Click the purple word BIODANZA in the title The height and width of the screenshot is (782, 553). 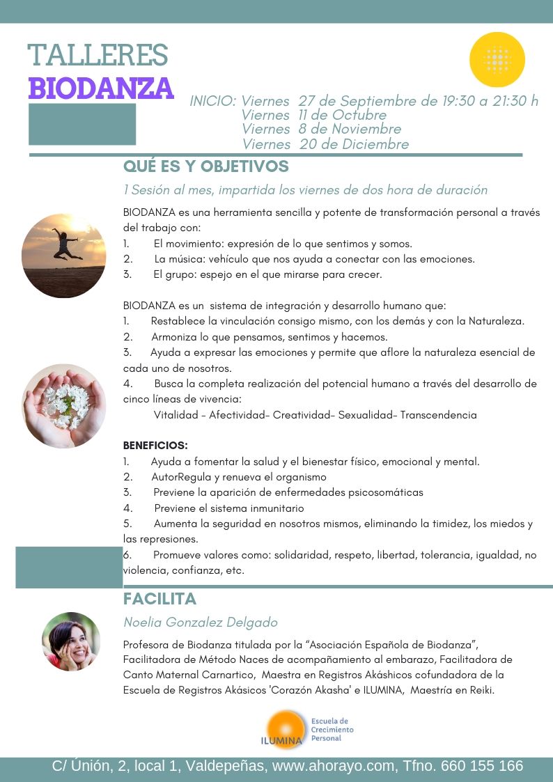100,88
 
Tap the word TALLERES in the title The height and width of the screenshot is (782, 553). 98,55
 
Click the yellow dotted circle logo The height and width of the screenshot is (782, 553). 497,60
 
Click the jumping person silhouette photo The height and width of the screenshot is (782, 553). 64,256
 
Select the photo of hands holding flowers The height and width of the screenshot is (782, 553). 63,406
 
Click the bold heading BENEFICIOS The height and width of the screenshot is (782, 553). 155,445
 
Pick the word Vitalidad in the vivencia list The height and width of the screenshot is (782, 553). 176,415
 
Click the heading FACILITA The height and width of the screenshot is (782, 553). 159,599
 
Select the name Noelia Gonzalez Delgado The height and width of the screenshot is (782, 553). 200,623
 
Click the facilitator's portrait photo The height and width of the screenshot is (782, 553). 71,641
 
